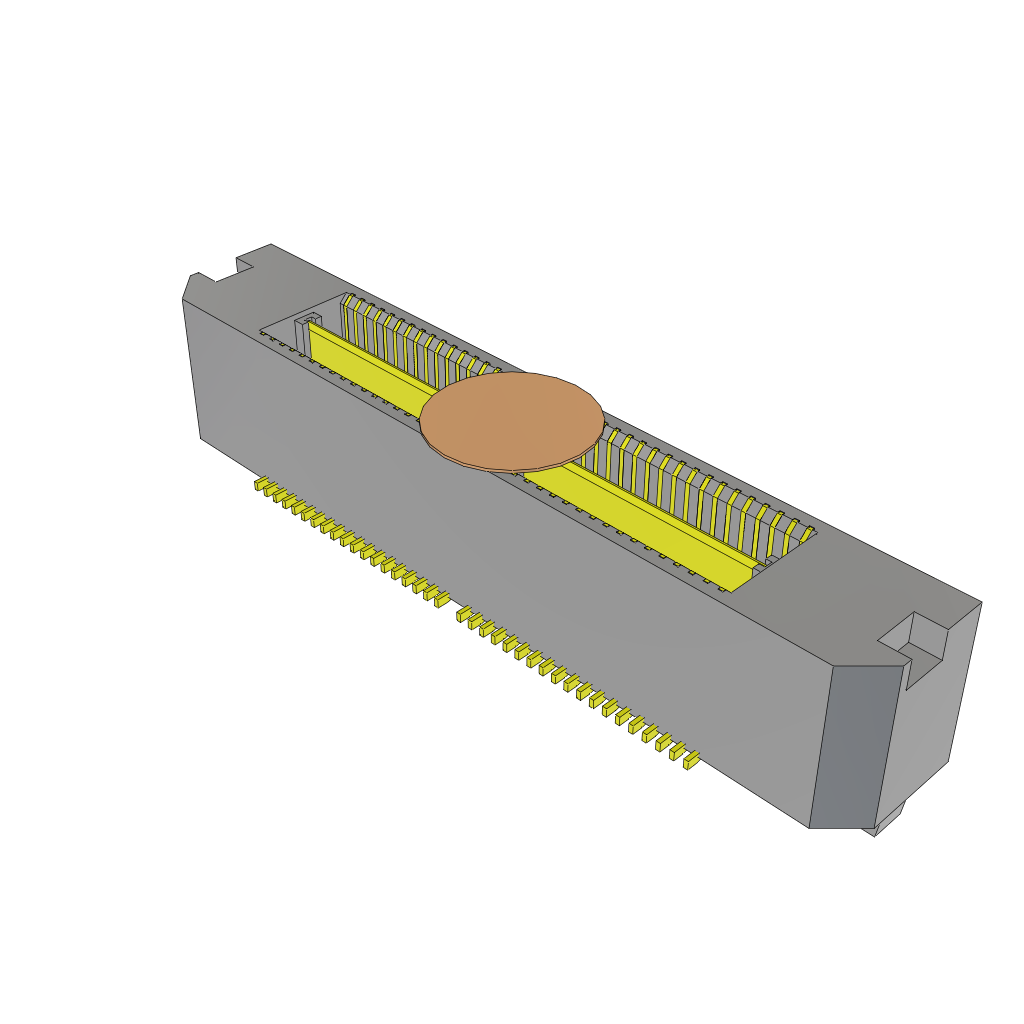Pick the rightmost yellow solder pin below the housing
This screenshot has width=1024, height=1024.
[x=689, y=761]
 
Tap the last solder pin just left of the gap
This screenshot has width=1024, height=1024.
[x=440, y=599]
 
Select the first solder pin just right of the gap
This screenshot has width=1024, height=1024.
[x=465, y=615]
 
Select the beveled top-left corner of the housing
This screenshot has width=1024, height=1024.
[x=190, y=284]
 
